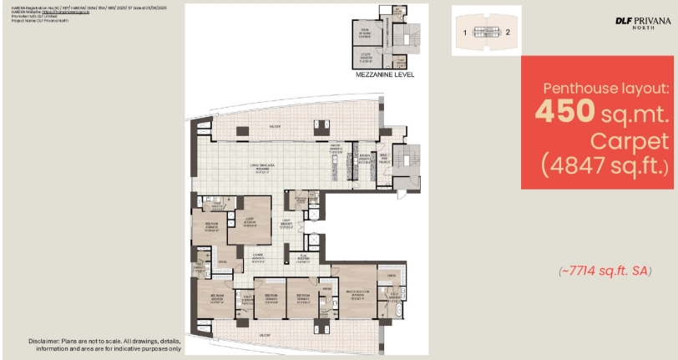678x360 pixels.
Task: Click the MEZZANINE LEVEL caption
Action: (x=385, y=74)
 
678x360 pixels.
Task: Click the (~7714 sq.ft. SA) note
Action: (x=605, y=271)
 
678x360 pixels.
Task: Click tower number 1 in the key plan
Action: (x=464, y=33)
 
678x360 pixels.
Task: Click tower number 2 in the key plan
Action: (x=508, y=33)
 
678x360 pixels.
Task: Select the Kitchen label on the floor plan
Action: (x=364, y=159)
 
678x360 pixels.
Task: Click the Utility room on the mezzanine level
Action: (x=366, y=56)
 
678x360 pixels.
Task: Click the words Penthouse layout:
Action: (x=605, y=88)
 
